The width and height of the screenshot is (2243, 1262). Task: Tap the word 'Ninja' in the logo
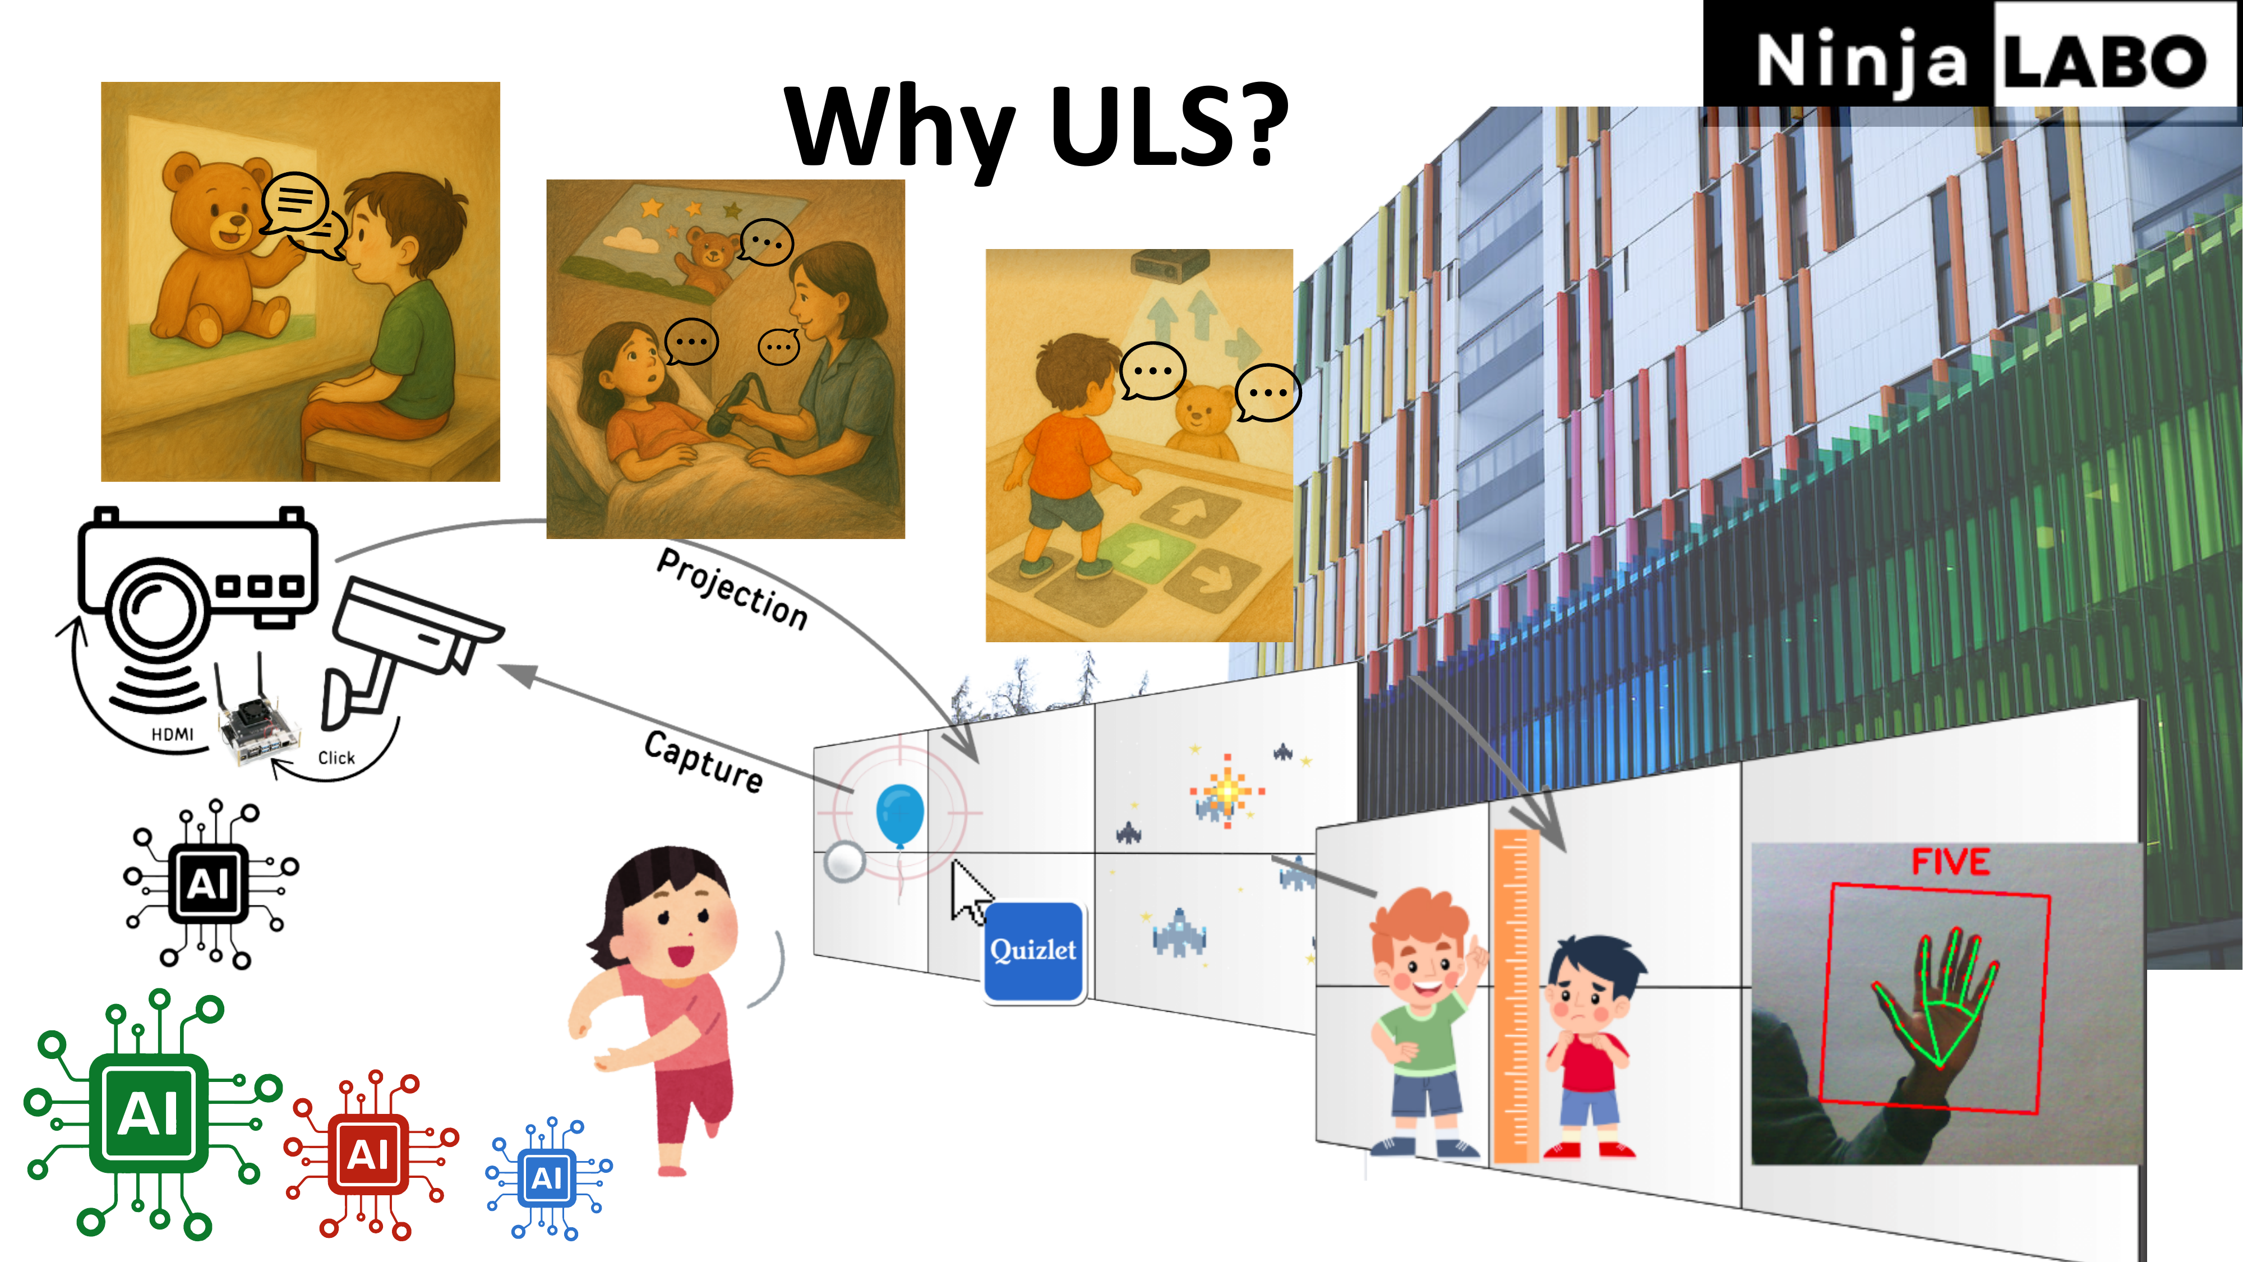(1862, 61)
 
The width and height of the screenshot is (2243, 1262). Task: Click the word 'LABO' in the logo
(2104, 62)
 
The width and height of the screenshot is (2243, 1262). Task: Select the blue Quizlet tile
(1033, 951)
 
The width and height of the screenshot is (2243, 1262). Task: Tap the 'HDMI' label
(172, 734)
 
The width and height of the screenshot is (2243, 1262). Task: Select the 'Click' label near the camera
(336, 758)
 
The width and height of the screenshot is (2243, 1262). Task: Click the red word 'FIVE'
(1950, 862)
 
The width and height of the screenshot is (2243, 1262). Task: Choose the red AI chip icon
(370, 1155)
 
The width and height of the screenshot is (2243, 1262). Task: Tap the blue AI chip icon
(548, 1177)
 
